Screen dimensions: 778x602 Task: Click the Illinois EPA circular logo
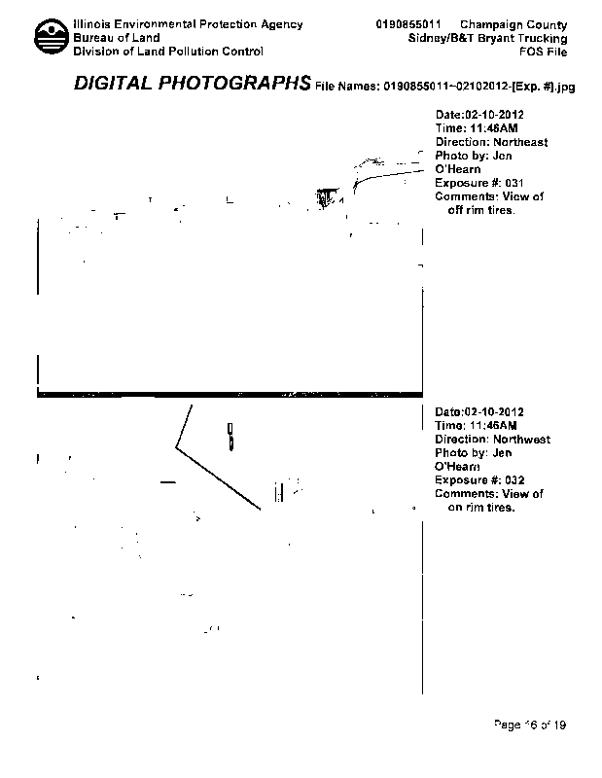[x=51, y=38]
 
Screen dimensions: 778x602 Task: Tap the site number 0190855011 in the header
[x=410, y=24]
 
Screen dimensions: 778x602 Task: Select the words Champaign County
[x=513, y=24]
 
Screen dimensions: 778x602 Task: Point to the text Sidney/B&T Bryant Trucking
[x=488, y=38]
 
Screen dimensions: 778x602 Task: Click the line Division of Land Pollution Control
[x=168, y=52]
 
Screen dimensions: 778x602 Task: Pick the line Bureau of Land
[x=117, y=38]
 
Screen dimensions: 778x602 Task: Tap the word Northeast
[x=520, y=142]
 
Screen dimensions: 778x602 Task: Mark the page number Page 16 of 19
[x=530, y=725]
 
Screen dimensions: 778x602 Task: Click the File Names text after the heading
[x=445, y=87]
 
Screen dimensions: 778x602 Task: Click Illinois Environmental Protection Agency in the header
[x=188, y=24]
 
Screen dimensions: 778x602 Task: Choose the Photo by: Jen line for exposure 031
[x=474, y=156]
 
